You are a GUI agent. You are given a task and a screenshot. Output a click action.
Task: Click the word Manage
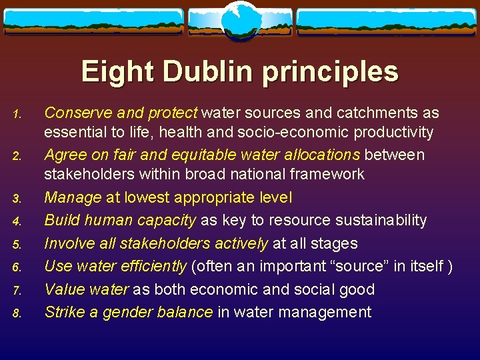click(72, 198)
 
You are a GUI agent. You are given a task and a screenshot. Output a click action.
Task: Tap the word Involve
click(67, 243)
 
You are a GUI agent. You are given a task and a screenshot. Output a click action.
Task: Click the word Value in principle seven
click(63, 289)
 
